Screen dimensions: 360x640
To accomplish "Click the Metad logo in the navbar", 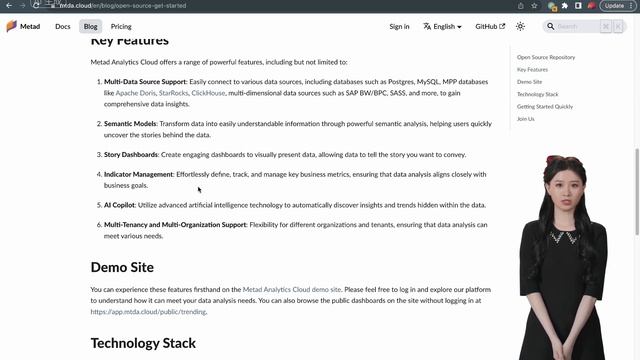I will coord(23,26).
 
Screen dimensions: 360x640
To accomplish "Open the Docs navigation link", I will coord(63,26).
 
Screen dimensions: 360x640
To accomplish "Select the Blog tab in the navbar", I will coord(91,26).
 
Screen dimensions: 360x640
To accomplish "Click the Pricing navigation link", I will coord(121,26).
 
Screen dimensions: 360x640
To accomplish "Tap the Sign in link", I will coord(399,26).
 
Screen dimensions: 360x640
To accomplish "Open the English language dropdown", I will coord(441,26).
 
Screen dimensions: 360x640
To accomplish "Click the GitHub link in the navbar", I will coord(489,26).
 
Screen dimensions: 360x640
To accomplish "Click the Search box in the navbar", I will coord(576,26).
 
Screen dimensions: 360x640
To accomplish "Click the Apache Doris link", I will coord(134,93).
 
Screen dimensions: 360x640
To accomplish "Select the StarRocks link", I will coord(173,93).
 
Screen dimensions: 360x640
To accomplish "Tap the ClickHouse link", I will coord(208,93).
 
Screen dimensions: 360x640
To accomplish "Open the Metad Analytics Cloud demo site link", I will coord(292,289).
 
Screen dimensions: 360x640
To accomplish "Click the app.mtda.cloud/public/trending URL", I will coord(148,312).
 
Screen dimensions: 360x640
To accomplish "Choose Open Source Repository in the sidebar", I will coord(546,58).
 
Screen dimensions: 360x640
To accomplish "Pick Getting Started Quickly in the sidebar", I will coord(545,106).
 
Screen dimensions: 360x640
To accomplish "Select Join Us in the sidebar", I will coord(526,118).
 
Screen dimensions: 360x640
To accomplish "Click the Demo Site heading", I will coord(122,267).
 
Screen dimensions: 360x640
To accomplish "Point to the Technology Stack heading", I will coord(143,343).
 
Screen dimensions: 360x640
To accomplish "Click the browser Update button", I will coord(614,5).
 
